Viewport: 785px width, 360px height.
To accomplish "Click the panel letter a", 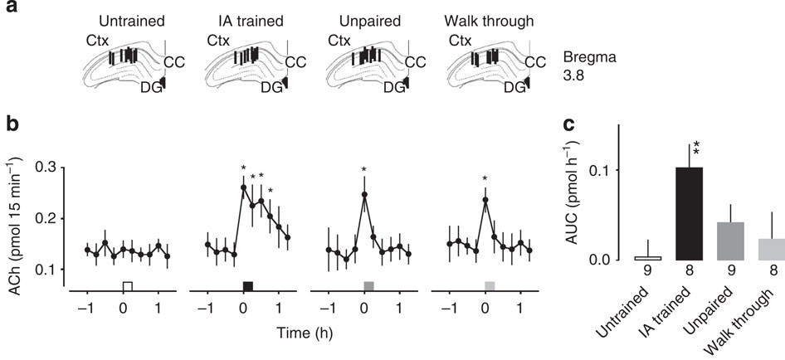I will pos(9,11).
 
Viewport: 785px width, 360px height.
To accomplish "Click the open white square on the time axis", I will pos(127,286).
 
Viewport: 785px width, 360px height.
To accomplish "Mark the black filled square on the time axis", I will pos(247,286).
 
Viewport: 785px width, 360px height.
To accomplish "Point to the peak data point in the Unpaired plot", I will pos(364,195).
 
